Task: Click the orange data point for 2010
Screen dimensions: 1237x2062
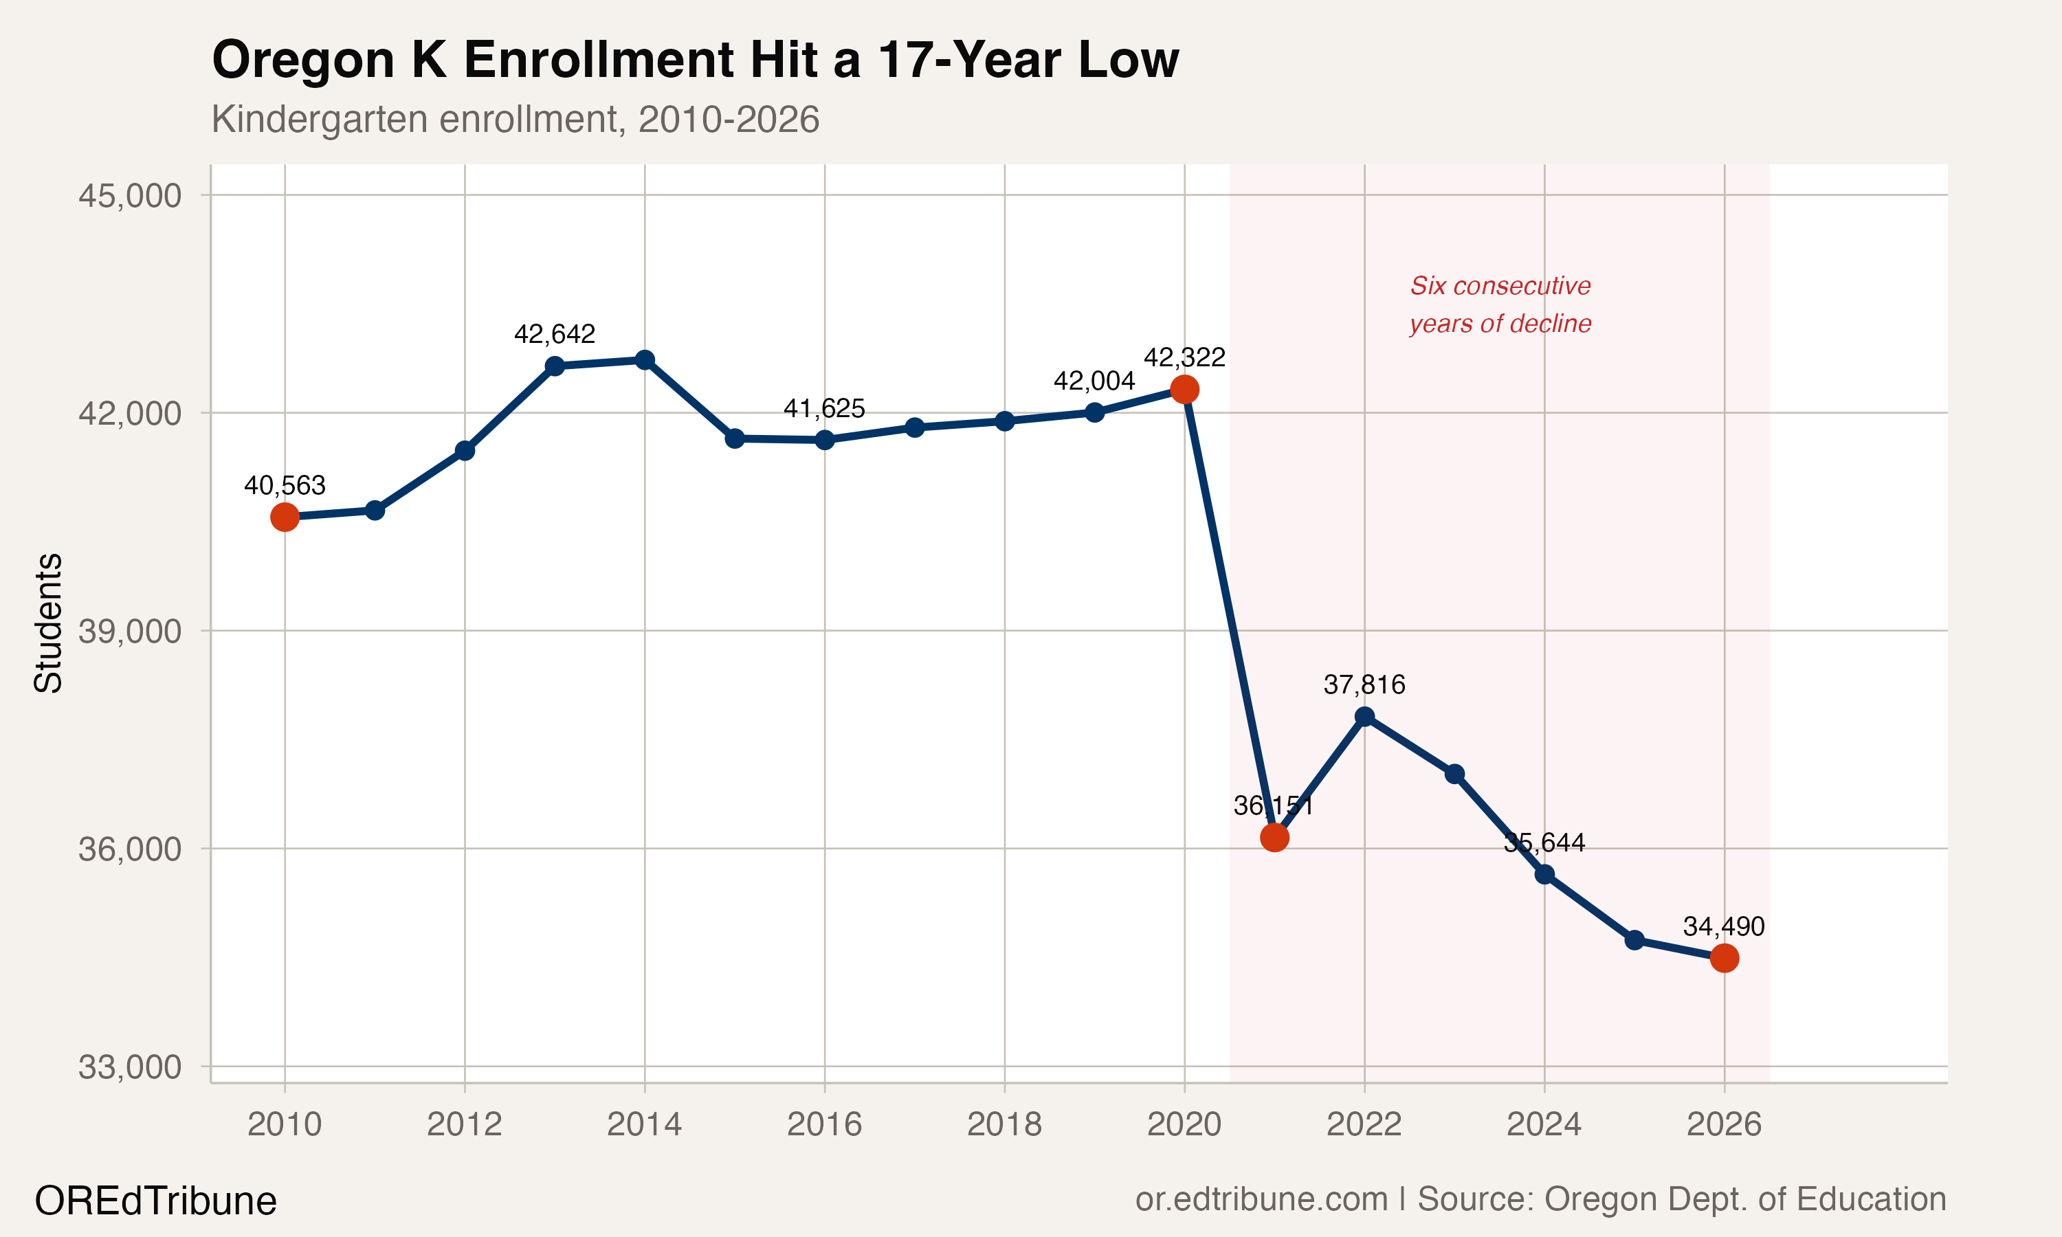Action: (285, 517)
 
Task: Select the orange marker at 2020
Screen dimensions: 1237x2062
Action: (1184, 389)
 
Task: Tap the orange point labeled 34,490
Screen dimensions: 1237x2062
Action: (1725, 959)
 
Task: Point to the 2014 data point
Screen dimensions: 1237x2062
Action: (644, 360)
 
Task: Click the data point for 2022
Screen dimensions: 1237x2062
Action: (1364, 717)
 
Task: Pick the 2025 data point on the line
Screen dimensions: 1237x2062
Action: (1634, 940)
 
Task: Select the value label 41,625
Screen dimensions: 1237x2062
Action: (824, 408)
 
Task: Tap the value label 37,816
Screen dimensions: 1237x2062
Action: (1364, 685)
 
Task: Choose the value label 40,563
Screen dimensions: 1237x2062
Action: (285, 485)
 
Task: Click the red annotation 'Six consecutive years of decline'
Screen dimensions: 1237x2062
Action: (1500, 304)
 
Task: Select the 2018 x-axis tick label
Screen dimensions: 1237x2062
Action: (1004, 1124)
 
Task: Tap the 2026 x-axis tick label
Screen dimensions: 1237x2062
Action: (1725, 1124)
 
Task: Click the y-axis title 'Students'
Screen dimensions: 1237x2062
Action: (48, 623)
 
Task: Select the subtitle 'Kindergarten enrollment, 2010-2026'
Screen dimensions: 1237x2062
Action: (515, 119)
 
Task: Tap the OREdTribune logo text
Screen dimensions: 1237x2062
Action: (155, 1201)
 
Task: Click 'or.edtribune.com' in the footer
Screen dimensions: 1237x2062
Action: (1261, 1199)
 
